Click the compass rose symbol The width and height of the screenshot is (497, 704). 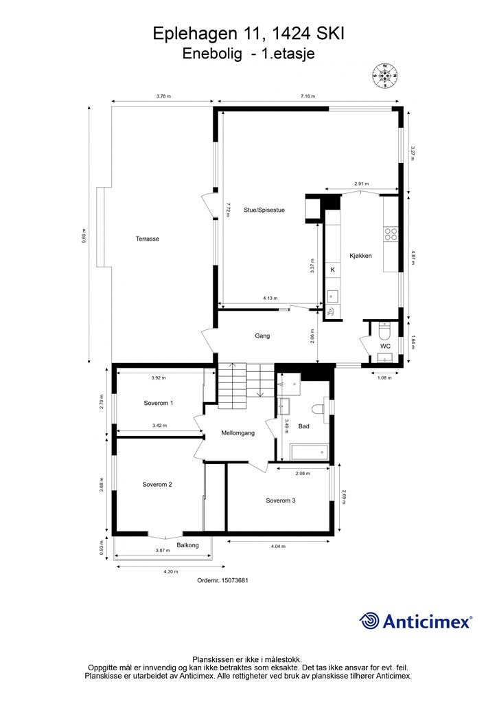pos(385,76)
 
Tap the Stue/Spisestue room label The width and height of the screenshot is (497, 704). pos(264,210)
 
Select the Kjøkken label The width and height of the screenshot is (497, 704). pos(360,256)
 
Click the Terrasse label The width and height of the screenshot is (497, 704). pos(148,239)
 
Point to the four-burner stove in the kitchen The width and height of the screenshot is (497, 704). pos(391,234)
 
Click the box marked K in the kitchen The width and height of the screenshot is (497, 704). pos(332,270)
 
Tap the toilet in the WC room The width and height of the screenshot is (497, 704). pos(384,331)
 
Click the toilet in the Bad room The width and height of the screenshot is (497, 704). pos(318,410)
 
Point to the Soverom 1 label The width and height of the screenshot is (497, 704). pos(158,403)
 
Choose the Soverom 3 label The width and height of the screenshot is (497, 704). pos(281,500)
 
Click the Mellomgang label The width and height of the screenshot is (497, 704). pos(238,433)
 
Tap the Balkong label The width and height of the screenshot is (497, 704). pos(187,545)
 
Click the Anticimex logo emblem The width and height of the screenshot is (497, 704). pos(371,621)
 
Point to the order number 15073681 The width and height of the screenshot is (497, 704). pos(222,581)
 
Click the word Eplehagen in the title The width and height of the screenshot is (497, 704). pos(191,32)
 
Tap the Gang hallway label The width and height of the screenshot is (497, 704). pos(262,336)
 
